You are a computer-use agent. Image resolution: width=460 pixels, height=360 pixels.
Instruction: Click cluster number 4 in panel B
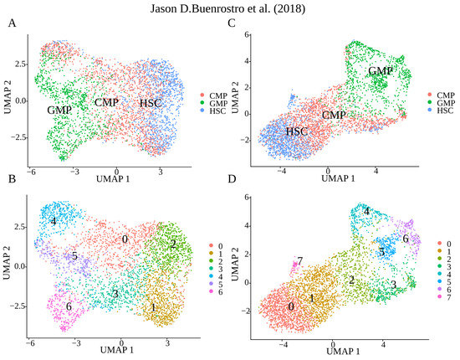point(53,222)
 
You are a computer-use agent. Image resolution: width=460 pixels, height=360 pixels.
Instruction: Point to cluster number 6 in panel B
point(68,306)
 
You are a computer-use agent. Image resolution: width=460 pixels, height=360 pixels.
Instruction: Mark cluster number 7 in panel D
point(299,261)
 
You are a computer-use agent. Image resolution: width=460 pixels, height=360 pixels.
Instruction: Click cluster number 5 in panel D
point(381,251)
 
